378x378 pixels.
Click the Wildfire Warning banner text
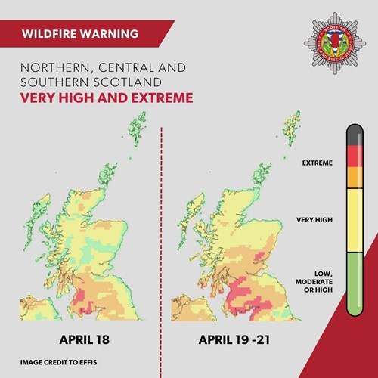point(80,34)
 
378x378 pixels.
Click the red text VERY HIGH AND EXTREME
point(106,98)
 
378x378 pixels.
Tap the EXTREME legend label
point(318,163)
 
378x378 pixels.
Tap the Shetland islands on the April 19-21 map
point(291,129)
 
